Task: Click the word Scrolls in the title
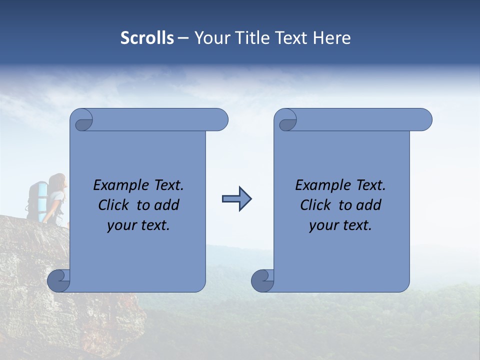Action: click(147, 38)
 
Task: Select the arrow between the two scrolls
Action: click(236, 199)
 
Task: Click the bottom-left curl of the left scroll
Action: click(59, 280)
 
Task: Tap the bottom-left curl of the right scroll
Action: click(262, 280)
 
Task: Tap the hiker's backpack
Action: click(37, 200)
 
